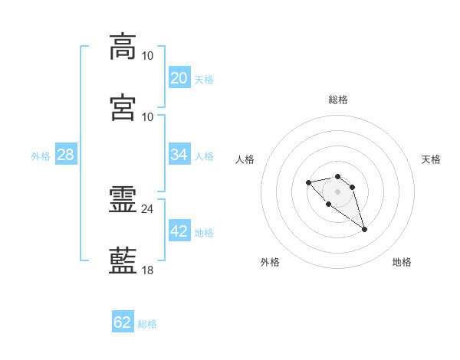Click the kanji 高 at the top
pyautogui.click(x=123, y=47)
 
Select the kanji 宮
pyautogui.click(x=123, y=107)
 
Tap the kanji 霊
pyautogui.click(x=123, y=199)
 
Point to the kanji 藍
pyautogui.click(x=123, y=260)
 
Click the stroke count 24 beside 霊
pyautogui.click(x=147, y=209)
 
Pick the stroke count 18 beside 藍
pyautogui.click(x=147, y=270)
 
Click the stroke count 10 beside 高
pyautogui.click(x=147, y=56)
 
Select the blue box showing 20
pyautogui.click(x=179, y=77)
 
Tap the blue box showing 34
pyautogui.click(x=179, y=154)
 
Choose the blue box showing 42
pyautogui.click(x=179, y=230)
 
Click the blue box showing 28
pyautogui.click(x=66, y=154)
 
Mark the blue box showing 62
pyautogui.click(x=123, y=321)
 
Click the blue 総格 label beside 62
pyautogui.click(x=147, y=324)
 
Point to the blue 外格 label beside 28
pyautogui.click(x=41, y=156)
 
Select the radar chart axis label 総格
pyautogui.click(x=338, y=100)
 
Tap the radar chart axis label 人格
pyautogui.click(x=245, y=159)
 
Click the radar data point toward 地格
pyautogui.click(x=364, y=230)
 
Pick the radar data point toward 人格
pyautogui.click(x=308, y=182)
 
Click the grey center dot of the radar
pyautogui.click(x=337, y=191)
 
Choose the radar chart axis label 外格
pyautogui.click(x=270, y=262)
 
